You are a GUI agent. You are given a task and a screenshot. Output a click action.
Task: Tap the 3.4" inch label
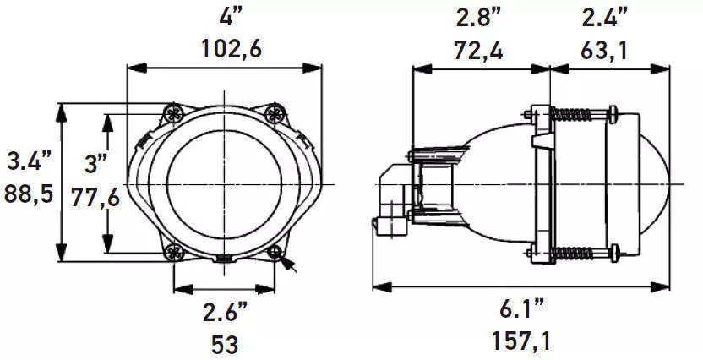(29, 160)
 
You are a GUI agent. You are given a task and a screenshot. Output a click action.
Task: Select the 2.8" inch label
(478, 17)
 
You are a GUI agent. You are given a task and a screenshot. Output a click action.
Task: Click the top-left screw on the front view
(174, 112)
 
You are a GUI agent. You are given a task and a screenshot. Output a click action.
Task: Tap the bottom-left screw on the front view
(174, 251)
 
